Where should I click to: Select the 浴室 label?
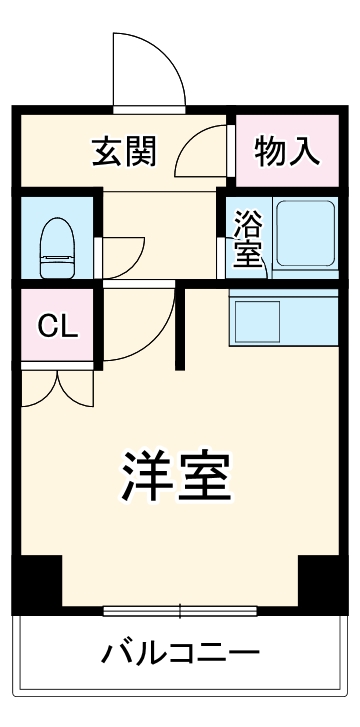tap(247, 239)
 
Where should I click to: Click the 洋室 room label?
tap(178, 477)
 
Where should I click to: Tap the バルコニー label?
tap(180, 654)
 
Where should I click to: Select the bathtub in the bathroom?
tap(304, 238)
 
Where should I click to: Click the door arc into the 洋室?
tap(140, 325)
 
